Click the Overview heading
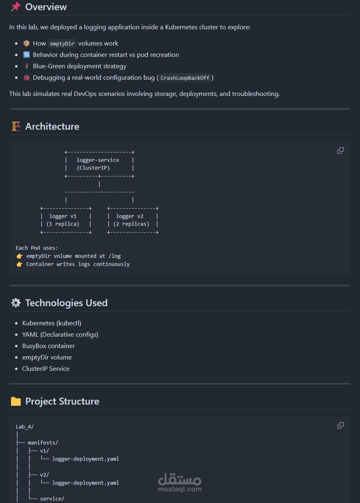(46, 7)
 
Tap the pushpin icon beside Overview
(15, 7)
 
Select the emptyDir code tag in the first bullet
(62, 44)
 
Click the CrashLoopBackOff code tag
(185, 78)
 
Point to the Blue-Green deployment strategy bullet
(79, 66)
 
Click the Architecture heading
(52, 126)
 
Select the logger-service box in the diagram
(99, 164)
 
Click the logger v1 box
(65, 220)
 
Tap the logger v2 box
(133, 220)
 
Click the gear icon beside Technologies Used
(15, 303)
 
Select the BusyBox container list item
(48, 346)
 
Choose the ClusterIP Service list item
(46, 369)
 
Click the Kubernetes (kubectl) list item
(52, 323)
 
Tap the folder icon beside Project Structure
(15, 401)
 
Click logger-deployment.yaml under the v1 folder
(85, 459)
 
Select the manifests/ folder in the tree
(43, 442)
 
